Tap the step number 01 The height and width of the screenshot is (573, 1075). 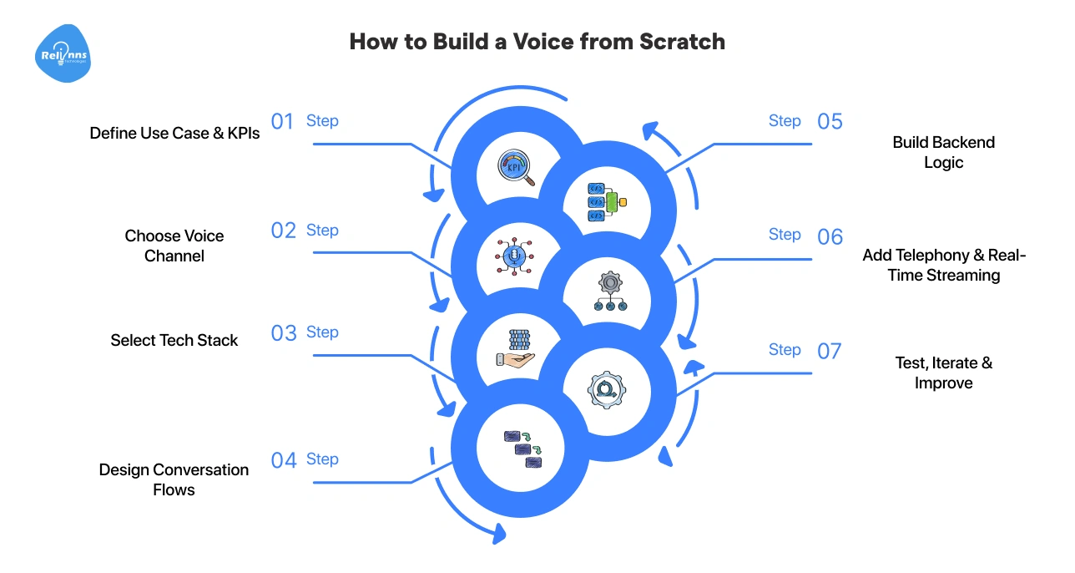point(283,122)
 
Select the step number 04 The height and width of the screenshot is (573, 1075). point(284,460)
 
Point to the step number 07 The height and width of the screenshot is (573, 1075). point(829,351)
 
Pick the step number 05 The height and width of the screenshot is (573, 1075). point(830,122)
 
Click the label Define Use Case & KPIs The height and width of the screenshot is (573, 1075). point(174,133)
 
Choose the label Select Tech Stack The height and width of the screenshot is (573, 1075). point(174,340)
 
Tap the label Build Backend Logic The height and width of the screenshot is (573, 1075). point(943,152)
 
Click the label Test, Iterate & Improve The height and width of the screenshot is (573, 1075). point(943,373)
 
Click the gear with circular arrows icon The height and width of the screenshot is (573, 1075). point(607,389)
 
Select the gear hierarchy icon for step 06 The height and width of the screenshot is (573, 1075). point(609,292)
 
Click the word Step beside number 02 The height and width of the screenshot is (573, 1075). point(322,231)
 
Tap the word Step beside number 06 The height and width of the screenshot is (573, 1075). point(785,235)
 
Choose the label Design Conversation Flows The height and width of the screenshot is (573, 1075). point(174,479)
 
